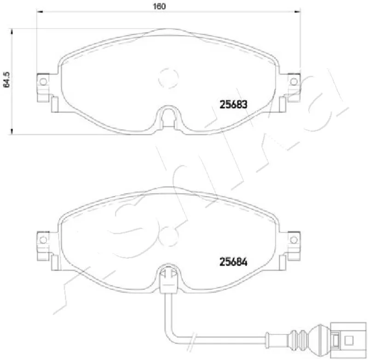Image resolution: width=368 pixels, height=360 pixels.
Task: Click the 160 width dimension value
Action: [159, 6]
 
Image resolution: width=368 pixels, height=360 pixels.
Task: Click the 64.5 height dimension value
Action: [6, 80]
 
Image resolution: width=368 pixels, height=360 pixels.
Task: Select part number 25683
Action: [233, 105]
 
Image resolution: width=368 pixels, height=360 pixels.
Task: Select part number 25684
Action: [233, 262]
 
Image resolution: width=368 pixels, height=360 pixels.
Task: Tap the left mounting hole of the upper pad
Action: [43, 82]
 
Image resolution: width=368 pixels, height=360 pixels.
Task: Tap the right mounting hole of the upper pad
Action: [293, 82]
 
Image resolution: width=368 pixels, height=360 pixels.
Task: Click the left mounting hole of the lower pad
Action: [43, 240]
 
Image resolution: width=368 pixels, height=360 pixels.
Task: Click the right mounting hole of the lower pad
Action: [293, 240]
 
